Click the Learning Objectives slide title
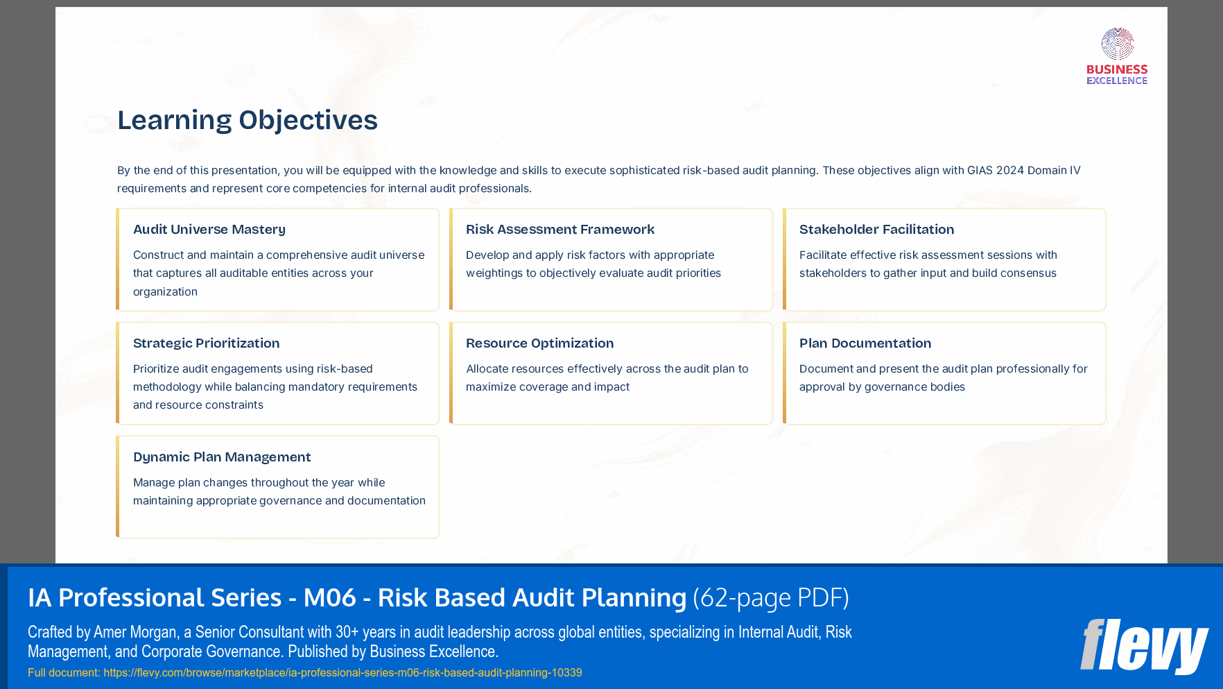coord(247,120)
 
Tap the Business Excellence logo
coord(1117,56)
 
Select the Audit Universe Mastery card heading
coord(209,230)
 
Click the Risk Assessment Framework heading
coord(560,230)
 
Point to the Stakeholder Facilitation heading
coord(876,230)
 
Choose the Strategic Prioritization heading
coord(206,343)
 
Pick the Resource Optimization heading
coord(539,343)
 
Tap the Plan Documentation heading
coord(865,343)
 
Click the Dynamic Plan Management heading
coord(222,457)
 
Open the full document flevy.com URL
coord(342,672)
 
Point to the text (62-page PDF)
coord(771,598)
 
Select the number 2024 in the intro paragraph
coord(1009,171)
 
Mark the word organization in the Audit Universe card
coord(165,292)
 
